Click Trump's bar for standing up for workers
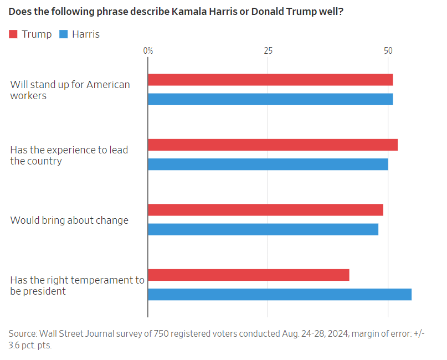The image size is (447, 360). (x=270, y=80)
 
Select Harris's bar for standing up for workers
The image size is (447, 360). (x=270, y=99)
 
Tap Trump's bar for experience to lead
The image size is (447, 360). (x=273, y=145)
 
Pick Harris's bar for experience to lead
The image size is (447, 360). (x=268, y=164)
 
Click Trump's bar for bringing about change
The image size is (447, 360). (x=265, y=210)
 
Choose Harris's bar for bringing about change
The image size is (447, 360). (x=263, y=229)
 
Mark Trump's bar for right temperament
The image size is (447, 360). (x=249, y=275)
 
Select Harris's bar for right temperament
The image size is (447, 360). (x=280, y=294)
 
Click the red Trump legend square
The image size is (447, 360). (x=14, y=34)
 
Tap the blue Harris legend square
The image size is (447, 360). (x=63, y=34)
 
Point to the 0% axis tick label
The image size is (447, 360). (x=148, y=51)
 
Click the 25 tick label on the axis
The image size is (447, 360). (x=268, y=51)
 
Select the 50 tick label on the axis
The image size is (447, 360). (x=388, y=51)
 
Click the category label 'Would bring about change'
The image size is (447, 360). (x=69, y=220)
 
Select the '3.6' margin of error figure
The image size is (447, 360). (x=17, y=345)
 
